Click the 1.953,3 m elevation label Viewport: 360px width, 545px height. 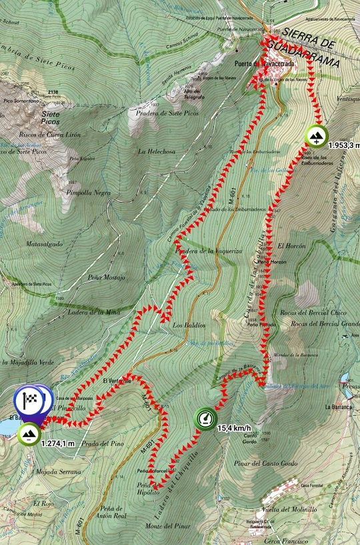(343, 145)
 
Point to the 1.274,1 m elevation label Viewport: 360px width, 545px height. (57, 442)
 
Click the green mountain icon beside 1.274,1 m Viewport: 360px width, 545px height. (29, 434)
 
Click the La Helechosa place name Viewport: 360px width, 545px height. (155, 151)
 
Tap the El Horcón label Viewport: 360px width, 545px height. (291, 246)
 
